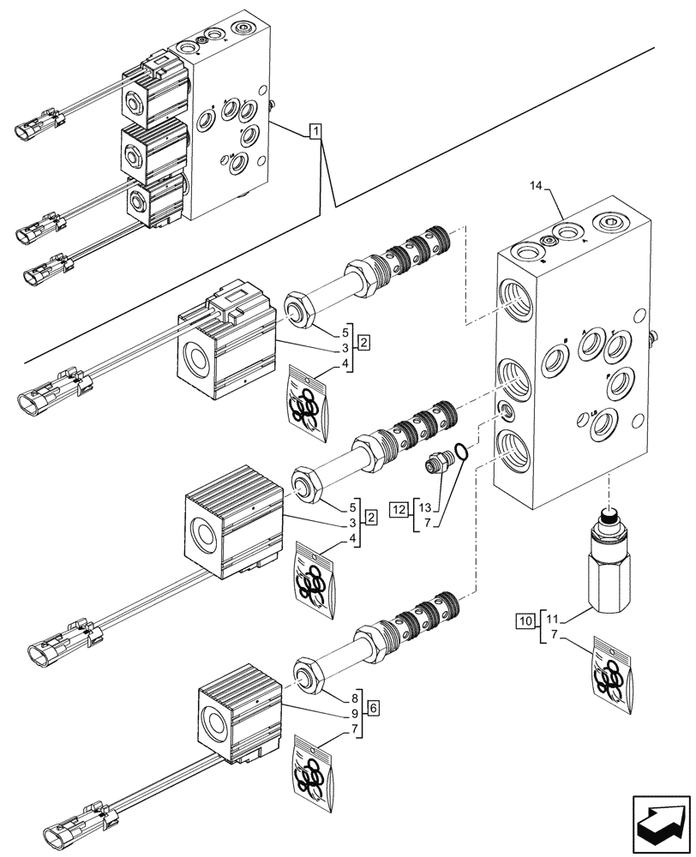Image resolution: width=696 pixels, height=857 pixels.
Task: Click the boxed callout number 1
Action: click(316, 131)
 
